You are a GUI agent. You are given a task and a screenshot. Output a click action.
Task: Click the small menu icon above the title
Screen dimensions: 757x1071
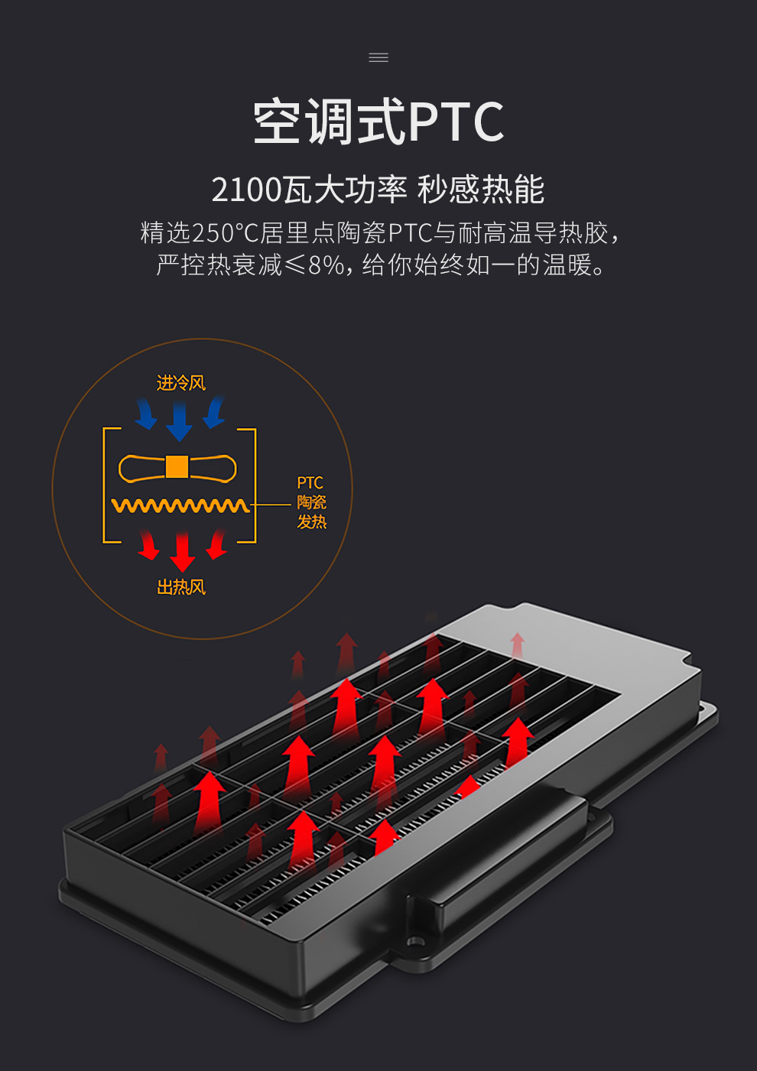click(x=378, y=57)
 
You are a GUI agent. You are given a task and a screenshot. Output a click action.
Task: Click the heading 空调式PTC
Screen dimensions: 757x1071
click(x=378, y=122)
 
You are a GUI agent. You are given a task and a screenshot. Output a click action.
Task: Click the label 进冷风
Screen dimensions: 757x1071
click(x=181, y=383)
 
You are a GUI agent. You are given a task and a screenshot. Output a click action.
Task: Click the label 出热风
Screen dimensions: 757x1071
click(x=181, y=587)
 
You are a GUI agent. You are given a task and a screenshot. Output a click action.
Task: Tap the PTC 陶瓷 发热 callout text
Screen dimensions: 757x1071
click(x=311, y=502)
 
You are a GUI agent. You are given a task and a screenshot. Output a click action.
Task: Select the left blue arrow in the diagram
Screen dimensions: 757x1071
click(x=145, y=414)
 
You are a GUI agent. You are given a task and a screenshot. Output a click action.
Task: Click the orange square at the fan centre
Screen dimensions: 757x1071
click(x=177, y=466)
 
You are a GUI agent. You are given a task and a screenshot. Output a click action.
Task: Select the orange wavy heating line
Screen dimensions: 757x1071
click(x=180, y=505)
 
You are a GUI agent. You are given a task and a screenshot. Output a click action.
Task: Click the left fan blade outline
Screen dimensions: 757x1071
click(x=141, y=468)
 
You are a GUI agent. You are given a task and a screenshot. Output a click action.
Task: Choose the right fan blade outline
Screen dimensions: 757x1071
click(x=213, y=468)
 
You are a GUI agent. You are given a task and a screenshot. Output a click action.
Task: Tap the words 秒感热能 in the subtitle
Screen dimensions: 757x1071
click(x=481, y=190)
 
